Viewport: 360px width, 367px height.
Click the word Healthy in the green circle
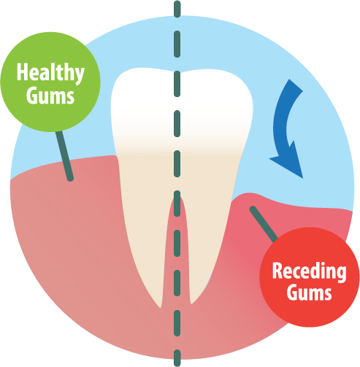point(50,74)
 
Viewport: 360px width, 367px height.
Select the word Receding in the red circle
point(310,272)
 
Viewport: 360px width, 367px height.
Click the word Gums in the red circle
point(309,292)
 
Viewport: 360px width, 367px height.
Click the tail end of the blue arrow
point(296,85)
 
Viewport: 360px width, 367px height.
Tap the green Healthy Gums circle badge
point(50,82)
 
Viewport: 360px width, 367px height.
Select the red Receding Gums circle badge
point(310,277)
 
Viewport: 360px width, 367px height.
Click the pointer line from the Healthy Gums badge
point(64,155)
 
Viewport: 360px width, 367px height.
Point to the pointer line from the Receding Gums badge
point(264,224)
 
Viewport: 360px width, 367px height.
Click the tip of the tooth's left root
point(160,307)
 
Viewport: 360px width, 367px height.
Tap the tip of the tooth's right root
point(191,303)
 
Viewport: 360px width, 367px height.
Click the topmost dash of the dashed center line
point(177,9)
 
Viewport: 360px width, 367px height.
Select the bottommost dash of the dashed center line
point(177,358)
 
